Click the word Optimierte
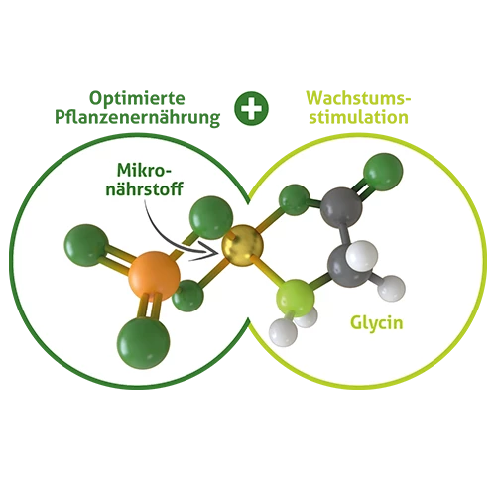click(137, 98)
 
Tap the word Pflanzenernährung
click(137, 118)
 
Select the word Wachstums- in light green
click(358, 98)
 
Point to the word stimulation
click(358, 117)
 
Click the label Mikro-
click(145, 171)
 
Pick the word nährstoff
click(145, 189)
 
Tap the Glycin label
click(377, 322)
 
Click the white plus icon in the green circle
click(252, 108)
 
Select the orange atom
click(155, 276)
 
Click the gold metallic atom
click(243, 245)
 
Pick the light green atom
click(296, 298)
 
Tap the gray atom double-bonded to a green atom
click(341, 207)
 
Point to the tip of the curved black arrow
click(219, 251)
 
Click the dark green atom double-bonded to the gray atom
click(383, 172)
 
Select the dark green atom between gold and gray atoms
click(294, 200)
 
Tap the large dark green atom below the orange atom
click(143, 343)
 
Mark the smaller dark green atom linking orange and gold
click(188, 296)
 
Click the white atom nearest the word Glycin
click(392, 288)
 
